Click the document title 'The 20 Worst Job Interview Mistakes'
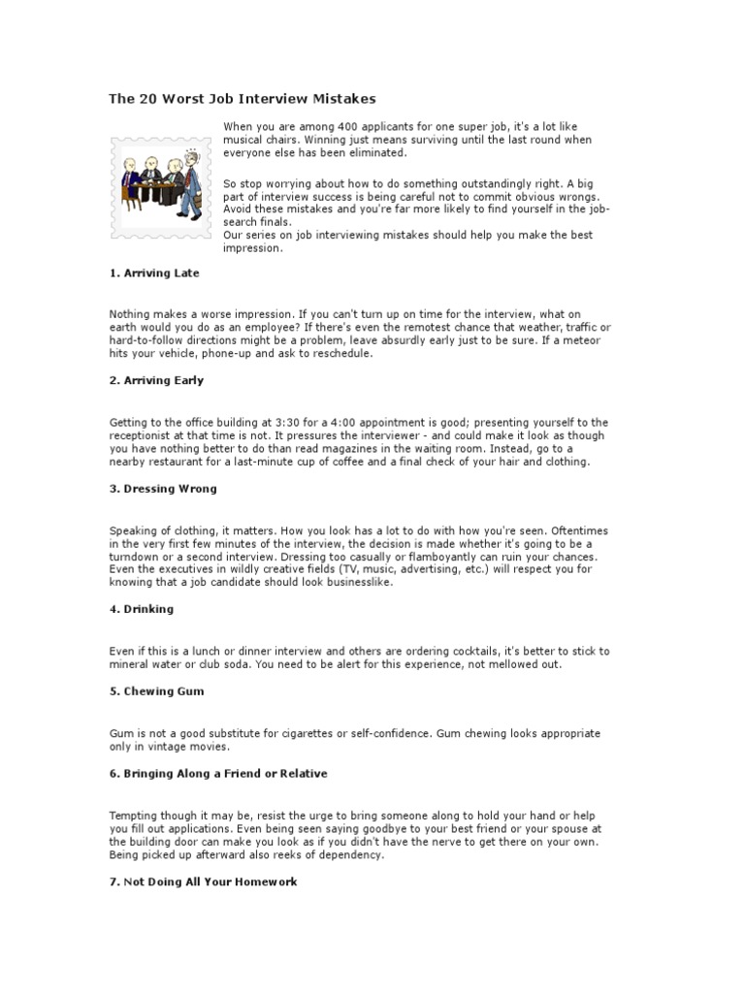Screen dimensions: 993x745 coord(242,99)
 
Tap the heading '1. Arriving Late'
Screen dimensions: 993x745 coord(154,273)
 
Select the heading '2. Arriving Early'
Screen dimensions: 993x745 coord(156,381)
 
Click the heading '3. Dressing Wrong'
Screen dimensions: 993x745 coord(162,489)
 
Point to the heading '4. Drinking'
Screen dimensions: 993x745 coord(141,609)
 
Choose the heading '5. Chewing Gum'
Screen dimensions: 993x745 coord(156,691)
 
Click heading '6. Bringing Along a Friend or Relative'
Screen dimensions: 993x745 coord(218,774)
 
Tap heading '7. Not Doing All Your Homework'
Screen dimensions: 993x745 coord(203,881)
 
